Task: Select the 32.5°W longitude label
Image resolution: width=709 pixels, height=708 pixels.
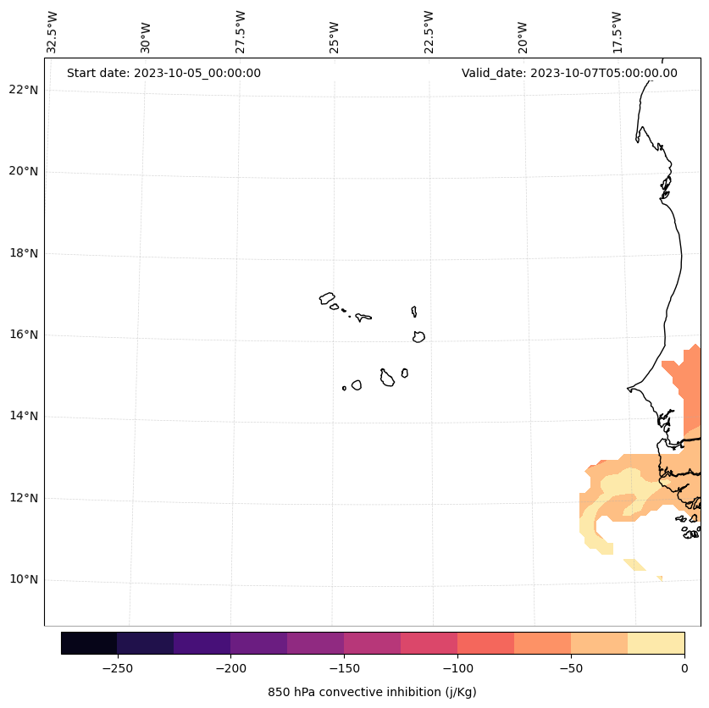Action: click(53, 32)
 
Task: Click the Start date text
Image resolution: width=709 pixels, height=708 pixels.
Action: click(163, 73)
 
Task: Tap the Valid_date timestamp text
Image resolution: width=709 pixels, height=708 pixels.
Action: click(569, 73)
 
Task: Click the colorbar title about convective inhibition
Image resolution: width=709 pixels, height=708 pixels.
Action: click(372, 692)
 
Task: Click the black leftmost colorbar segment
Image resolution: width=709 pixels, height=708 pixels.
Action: click(89, 643)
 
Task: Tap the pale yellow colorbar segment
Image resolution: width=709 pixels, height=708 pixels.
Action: click(656, 643)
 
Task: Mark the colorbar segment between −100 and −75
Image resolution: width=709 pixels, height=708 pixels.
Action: click(485, 643)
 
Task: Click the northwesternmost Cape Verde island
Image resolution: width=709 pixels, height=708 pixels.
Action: click(327, 298)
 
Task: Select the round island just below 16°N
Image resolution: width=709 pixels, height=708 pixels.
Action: click(418, 337)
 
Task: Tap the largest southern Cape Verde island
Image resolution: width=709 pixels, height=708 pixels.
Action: click(387, 379)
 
